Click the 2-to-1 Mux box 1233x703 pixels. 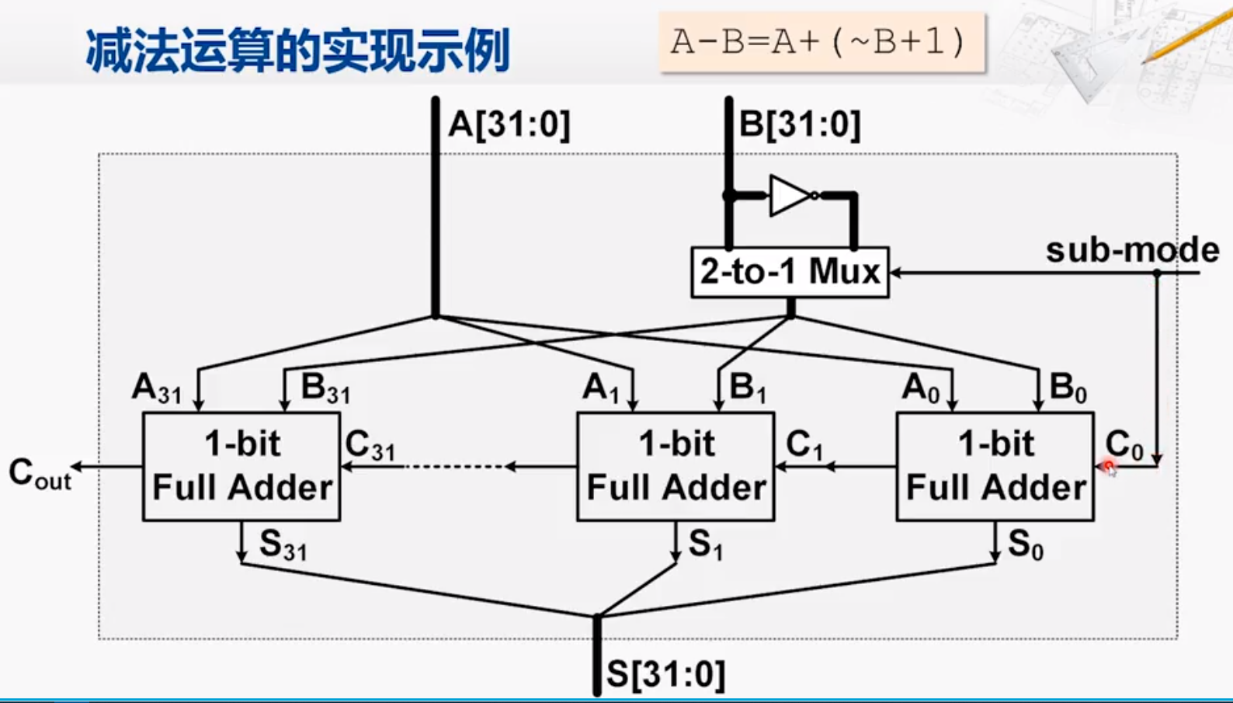tap(790, 272)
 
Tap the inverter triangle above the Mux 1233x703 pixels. tap(789, 196)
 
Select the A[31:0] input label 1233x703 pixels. tap(509, 124)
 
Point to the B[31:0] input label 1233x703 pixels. tap(800, 124)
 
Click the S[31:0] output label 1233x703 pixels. tap(665, 674)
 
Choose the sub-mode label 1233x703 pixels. tap(1132, 250)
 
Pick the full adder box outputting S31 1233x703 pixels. tap(241, 466)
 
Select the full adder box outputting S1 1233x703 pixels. tap(676, 466)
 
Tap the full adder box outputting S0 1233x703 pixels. tap(995, 466)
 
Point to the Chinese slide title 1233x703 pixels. tap(297, 51)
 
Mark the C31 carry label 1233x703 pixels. tap(370, 446)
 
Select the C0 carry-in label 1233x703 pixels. tap(1124, 446)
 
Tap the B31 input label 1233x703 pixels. tap(325, 388)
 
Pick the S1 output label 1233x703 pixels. tap(705, 544)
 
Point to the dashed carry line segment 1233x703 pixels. tap(454, 467)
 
